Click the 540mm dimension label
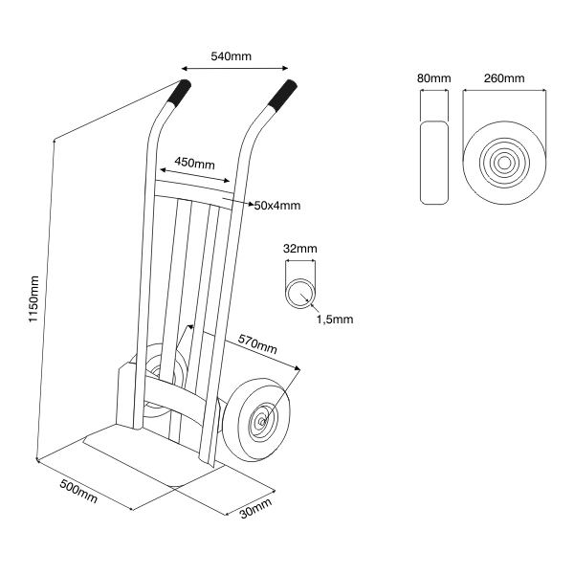(231, 56)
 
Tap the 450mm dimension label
(194, 164)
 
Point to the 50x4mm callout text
(277, 205)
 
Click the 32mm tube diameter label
(301, 249)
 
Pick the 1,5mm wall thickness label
(335, 320)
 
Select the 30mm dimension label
(255, 509)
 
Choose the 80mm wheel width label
(434, 77)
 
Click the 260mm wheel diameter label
(503, 77)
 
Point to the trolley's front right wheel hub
(260, 418)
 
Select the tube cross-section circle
(301, 291)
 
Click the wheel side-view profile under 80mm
(435, 163)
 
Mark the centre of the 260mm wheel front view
(503, 163)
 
